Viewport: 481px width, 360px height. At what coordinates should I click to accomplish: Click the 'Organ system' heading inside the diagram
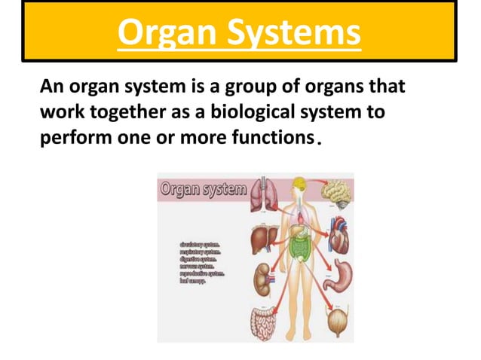pos(202,188)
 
